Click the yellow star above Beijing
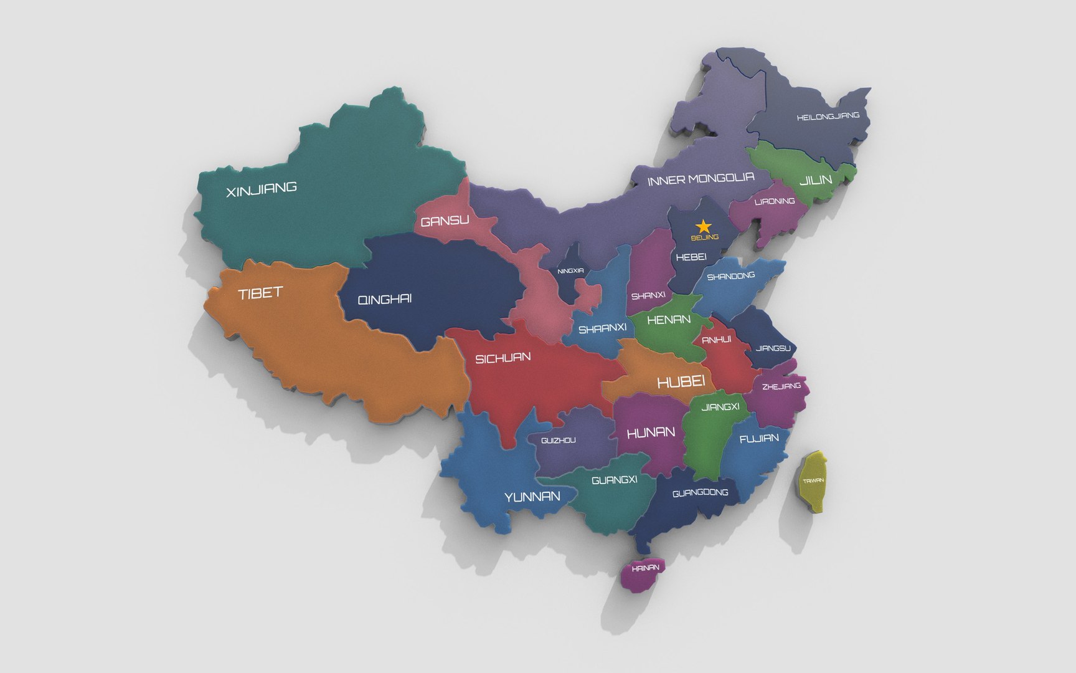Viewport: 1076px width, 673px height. (704, 226)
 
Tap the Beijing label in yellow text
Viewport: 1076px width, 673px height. (705, 237)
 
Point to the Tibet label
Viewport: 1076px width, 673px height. (260, 293)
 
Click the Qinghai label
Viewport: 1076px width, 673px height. (385, 300)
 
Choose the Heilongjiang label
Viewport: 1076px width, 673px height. (828, 117)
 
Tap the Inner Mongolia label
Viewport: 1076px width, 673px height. (701, 179)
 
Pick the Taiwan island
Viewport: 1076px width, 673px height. (813, 481)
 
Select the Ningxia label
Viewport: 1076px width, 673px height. (570, 271)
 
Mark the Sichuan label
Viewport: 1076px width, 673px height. (503, 358)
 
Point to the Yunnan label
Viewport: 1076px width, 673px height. (532, 497)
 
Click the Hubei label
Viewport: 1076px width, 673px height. (681, 381)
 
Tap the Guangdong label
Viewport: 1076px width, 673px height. (701, 493)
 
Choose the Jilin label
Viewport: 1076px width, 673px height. (816, 180)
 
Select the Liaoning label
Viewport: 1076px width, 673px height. (775, 201)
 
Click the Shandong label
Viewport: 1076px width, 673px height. (731, 276)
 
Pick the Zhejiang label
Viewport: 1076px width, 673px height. (781, 386)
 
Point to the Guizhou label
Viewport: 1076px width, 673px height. (559, 441)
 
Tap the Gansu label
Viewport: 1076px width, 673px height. (445, 221)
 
